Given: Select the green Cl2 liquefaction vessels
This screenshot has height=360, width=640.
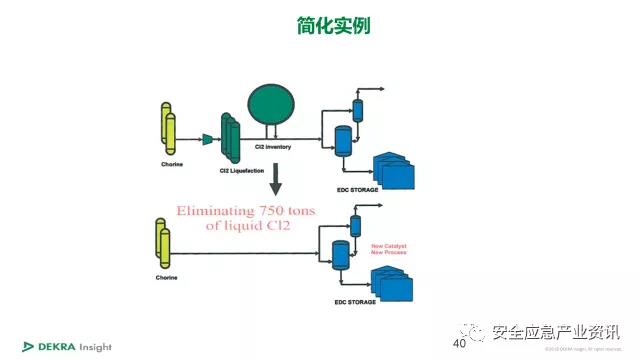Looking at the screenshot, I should click(231, 140).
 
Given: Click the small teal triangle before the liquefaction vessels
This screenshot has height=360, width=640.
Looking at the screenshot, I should click(208, 139).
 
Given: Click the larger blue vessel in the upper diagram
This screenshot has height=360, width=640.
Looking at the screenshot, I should click(344, 140).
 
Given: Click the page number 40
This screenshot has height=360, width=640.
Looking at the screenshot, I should click(460, 344).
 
